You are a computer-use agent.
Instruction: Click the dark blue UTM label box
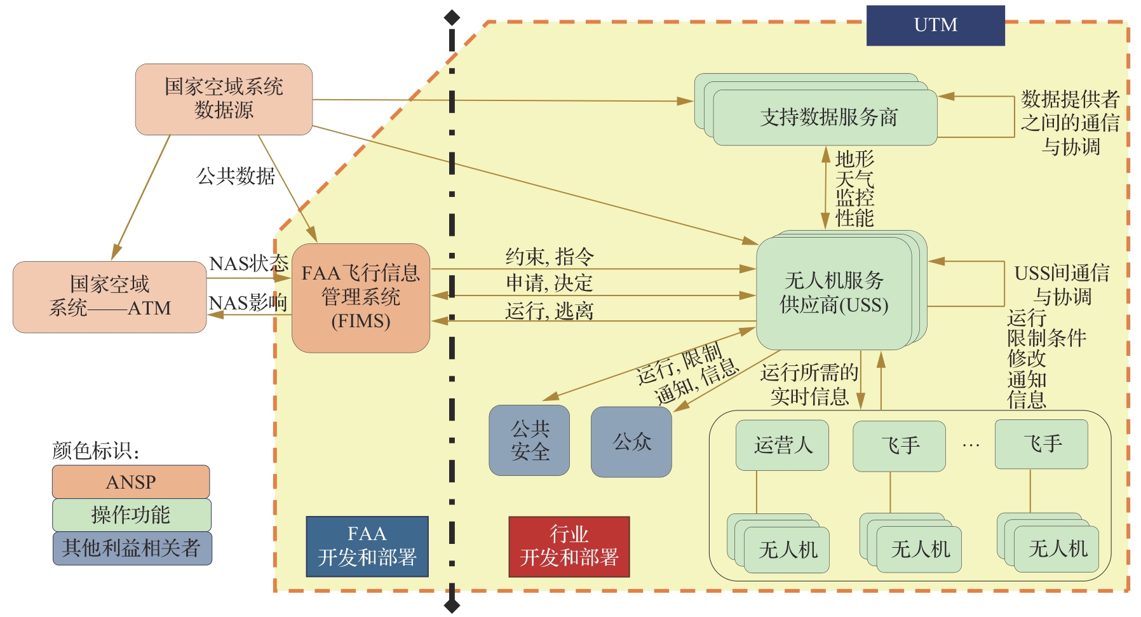pyautogui.click(x=935, y=25)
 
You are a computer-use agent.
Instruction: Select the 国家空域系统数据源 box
pyautogui.click(x=224, y=99)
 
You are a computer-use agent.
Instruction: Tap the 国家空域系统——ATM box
pyautogui.click(x=109, y=297)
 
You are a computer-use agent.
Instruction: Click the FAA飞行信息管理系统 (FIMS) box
pyautogui.click(x=360, y=297)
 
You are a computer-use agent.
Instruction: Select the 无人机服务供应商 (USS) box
pyautogui.click(x=834, y=293)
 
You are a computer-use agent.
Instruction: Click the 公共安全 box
pyautogui.click(x=529, y=440)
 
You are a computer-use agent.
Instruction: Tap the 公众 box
pyautogui.click(x=631, y=442)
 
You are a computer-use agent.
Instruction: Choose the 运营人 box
pyautogui.click(x=782, y=445)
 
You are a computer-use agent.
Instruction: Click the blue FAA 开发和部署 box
pyautogui.click(x=367, y=546)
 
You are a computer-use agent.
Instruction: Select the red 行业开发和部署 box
pyautogui.click(x=569, y=546)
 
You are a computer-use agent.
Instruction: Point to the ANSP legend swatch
pyautogui.click(x=131, y=482)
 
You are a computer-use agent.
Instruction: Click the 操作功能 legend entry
pyautogui.click(x=131, y=515)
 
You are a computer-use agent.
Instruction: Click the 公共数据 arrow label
pyautogui.click(x=236, y=176)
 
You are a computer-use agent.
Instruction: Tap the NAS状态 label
pyautogui.click(x=248, y=264)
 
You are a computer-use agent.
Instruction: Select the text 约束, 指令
pyautogui.click(x=550, y=257)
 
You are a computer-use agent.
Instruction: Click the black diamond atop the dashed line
pyautogui.click(x=452, y=17)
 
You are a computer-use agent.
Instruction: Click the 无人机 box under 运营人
pyautogui.click(x=787, y=550)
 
